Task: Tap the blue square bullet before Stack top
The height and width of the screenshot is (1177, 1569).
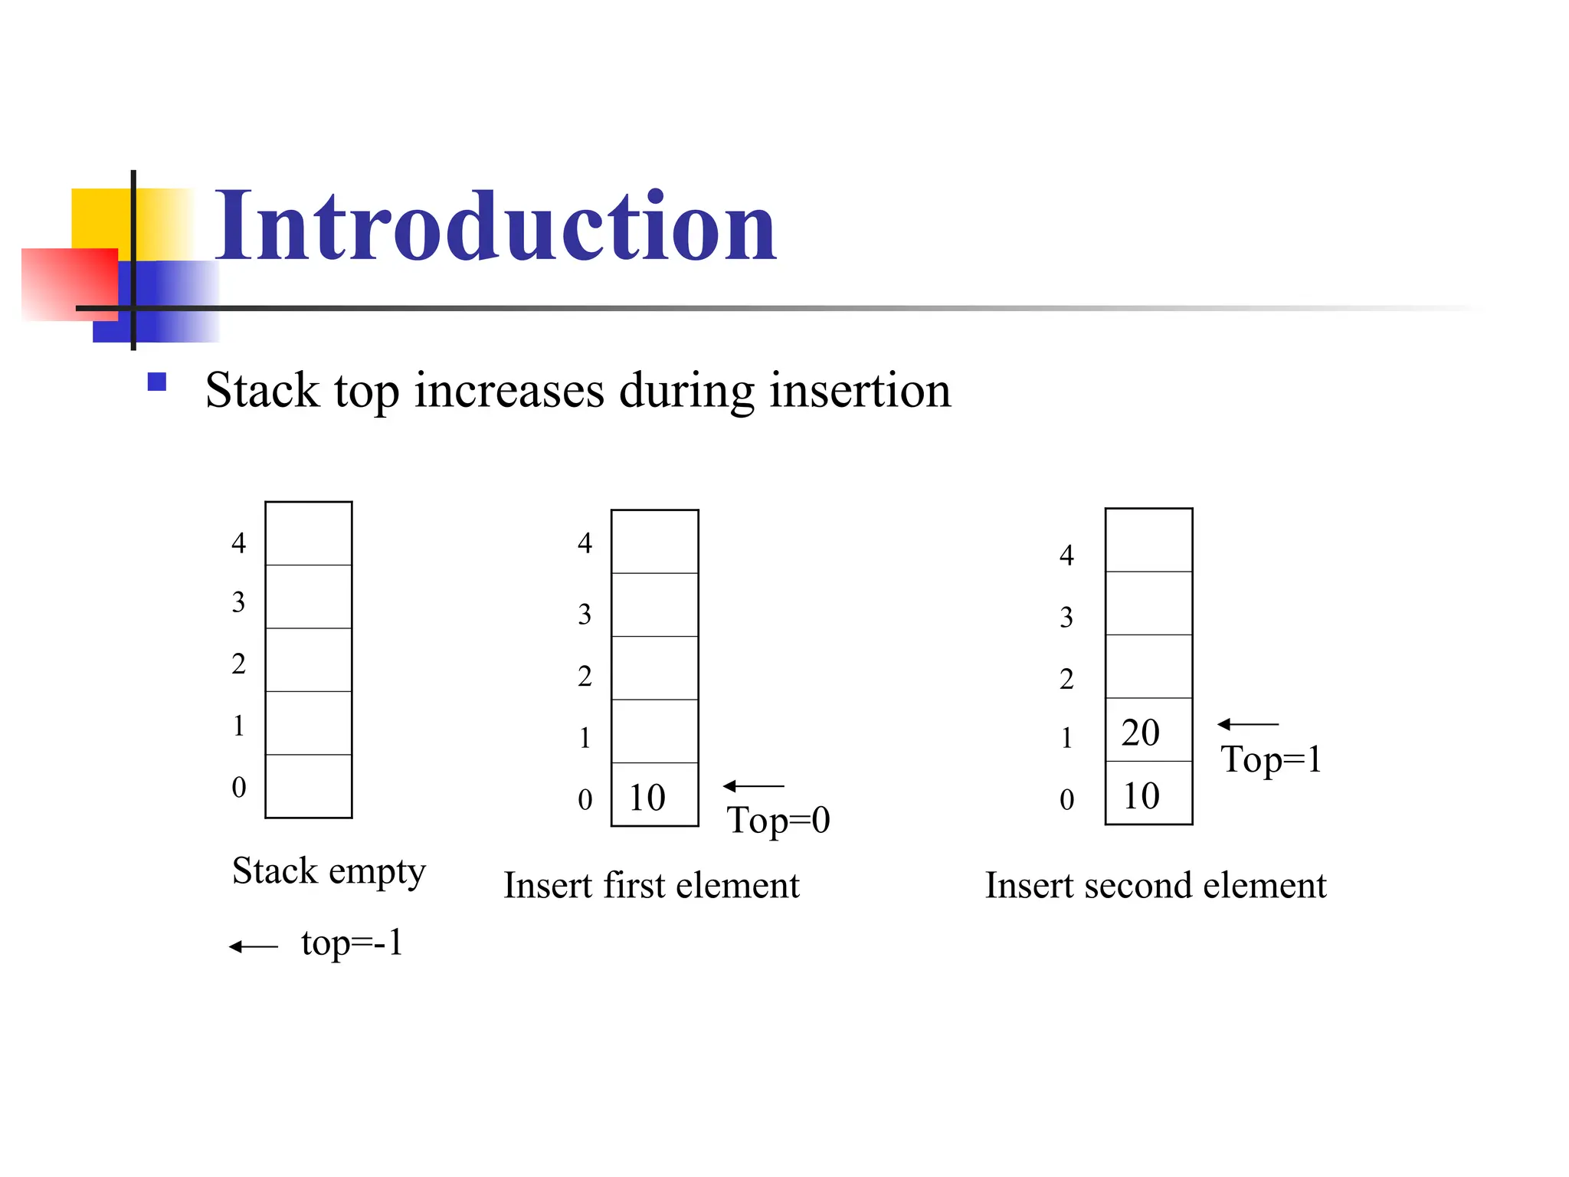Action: pos(157,382)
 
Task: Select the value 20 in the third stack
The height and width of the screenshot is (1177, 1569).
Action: pos(1140,733)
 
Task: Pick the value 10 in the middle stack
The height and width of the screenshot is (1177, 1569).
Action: pos(647,798)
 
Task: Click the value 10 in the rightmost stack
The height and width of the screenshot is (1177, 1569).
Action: pos(1141,796)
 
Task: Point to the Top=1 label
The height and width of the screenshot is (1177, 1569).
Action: pos(1271,759)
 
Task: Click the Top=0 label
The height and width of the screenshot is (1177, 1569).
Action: pos(778,820)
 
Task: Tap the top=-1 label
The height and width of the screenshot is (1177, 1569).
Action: pos(352,943)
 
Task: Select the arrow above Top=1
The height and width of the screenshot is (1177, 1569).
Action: pos(1247,724)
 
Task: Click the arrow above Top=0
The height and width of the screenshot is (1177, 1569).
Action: pos(753,786)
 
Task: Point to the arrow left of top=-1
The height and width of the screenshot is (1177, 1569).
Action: pos(254,947)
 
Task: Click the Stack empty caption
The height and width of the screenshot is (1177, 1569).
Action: pos(329,871)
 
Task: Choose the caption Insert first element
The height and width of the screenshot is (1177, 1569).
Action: pos(651,886)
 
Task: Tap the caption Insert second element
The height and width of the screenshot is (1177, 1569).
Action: pos(1155,886)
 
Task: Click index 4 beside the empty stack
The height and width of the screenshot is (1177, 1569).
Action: pos(239,543)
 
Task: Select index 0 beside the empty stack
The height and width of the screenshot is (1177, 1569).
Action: pos(239,787)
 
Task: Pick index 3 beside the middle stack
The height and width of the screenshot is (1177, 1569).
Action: pos(585,614)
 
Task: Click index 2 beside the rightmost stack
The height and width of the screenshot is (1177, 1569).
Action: pos(1066,679)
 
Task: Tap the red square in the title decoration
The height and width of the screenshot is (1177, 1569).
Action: pos(69,284)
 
